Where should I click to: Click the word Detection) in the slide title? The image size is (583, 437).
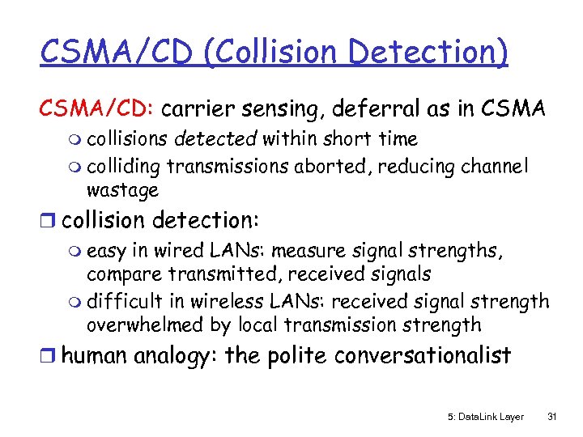pos(437,53)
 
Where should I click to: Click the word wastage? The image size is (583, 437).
pos(122,190)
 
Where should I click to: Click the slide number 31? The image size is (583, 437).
pos(552,417)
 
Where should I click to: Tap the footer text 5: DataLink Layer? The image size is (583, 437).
pos(486,417)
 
